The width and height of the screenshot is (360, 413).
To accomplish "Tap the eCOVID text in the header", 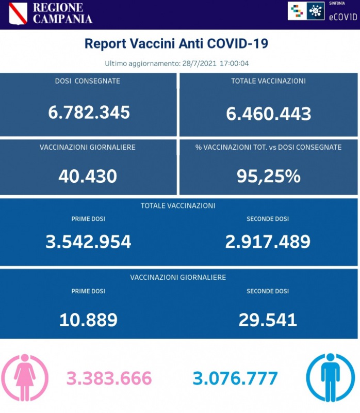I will click(342, 17).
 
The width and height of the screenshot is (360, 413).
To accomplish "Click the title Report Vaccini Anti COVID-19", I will click(176, 43).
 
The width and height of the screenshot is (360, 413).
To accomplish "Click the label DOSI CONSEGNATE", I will click(87, 81).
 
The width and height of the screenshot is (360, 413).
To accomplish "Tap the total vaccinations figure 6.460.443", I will click(268, 113).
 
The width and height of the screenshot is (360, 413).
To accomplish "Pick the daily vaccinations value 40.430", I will click(88, 177).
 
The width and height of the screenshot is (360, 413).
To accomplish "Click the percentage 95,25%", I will click(268, 177).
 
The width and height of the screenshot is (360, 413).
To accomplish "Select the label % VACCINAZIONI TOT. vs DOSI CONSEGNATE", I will click(268, 147).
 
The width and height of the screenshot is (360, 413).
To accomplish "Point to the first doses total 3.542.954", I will click(88, 241).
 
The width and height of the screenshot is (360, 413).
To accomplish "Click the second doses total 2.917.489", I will click(268, 241).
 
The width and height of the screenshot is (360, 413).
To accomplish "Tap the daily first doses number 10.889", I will click(88, 320).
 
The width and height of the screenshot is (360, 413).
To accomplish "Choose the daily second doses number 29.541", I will click(268, 320).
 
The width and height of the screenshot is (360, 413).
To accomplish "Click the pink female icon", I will click(25, 378).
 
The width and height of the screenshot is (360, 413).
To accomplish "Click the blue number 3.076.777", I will click(235, 378).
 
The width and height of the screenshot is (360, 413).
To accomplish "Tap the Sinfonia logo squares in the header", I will click(297, 11).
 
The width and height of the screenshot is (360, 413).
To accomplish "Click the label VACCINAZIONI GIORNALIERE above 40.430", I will click(88, 147).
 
